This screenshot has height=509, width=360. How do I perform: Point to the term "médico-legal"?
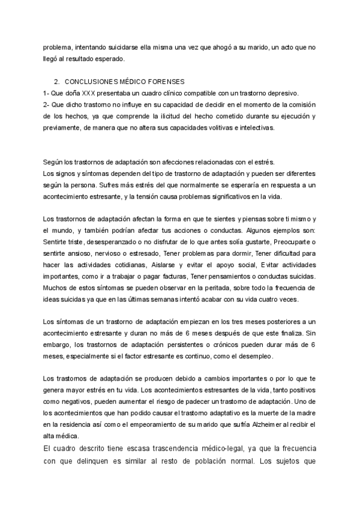tap(214, 450)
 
